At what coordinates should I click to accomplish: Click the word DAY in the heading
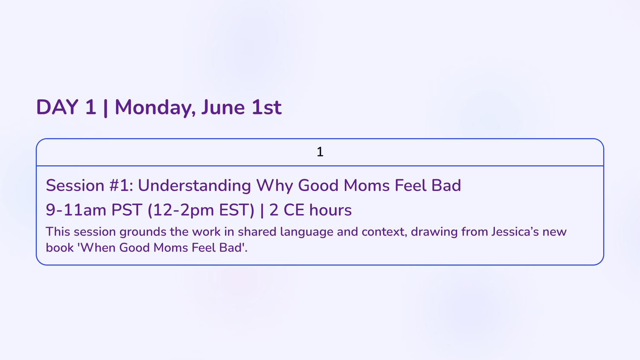(x=57, y=107)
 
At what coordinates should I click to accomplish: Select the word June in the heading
(x=223, y=107)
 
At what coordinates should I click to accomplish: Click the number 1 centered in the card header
(x=320, y=152)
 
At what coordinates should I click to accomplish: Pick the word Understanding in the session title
(x=194, y=186)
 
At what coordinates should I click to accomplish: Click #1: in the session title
(x=121, y=186)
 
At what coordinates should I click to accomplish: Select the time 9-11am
(x=76, y=210)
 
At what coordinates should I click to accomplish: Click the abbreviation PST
(x=127, y=210)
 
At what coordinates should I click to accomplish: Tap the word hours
(x=330, y=210)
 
